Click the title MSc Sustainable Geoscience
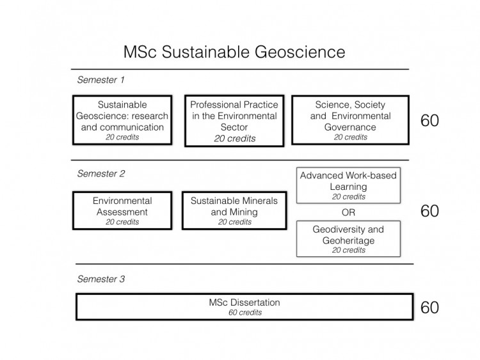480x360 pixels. [x=234, y=51]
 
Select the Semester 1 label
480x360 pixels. [x=100, y=80]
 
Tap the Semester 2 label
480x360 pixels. [x=100, y=173]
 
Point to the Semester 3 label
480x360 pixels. [x=100, y=279]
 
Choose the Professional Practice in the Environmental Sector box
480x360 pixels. [x=234, y=120]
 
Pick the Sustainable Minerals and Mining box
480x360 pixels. [x=234, y=210]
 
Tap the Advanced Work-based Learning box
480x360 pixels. [x=349, y=185]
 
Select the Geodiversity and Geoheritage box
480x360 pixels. [x=349, y=239]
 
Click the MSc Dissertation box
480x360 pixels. [x=244, y=307]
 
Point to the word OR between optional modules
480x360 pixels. [x=349, y=212]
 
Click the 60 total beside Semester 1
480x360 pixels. [x=429, y=121]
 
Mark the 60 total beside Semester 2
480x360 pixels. [x=429, y=212]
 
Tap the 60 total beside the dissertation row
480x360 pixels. [x=429, y=308]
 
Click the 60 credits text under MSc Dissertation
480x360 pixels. [x=244, y=313]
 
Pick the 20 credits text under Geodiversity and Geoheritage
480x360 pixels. [x=349, y=250]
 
